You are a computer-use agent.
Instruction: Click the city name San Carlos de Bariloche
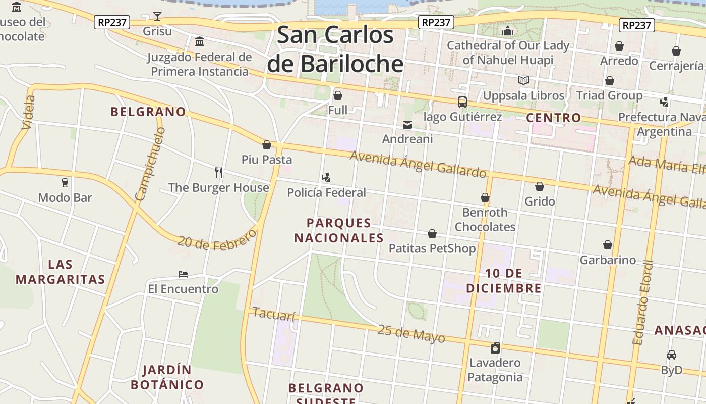point(335,49)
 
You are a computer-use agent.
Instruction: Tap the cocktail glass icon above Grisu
point(157,16)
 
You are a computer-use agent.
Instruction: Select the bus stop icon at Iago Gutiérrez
point(462,102)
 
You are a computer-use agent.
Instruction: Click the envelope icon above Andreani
point(407,124)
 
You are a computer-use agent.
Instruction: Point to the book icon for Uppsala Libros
point(523,81)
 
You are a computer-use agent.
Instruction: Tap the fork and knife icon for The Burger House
point(219,173)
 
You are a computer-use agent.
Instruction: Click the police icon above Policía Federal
point(326,178)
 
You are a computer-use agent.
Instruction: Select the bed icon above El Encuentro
point(183,274)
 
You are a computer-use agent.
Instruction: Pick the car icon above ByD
point(671,355)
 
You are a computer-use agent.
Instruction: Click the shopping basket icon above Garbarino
point(608,245)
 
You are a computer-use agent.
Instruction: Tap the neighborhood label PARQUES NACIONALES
point(339,230)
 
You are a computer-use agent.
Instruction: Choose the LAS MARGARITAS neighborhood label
point(60,272)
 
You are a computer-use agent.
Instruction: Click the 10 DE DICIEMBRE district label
point(503,281)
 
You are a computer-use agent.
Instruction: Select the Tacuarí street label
point(273,314)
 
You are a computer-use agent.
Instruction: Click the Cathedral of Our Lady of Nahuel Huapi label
point(508,53)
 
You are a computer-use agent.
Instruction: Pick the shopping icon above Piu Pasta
point(267,145)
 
